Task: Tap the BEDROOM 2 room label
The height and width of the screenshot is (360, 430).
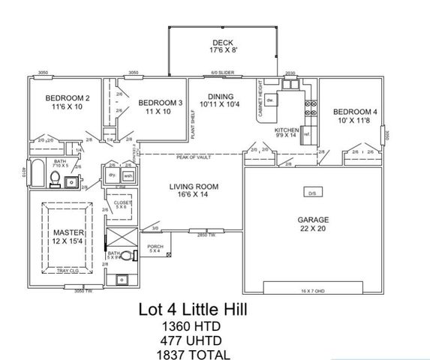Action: click(x=68, y=103)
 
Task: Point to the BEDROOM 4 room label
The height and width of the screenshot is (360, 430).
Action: click(x=355, y=116)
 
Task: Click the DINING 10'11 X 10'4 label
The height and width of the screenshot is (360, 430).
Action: click(x=221, y=100)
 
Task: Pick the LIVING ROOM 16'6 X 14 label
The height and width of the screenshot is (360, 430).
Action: click(x=193, y=190)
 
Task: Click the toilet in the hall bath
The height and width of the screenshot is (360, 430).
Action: click(x=54, y=178)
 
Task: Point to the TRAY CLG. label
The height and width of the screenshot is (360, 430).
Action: click(x=79, y=271)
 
